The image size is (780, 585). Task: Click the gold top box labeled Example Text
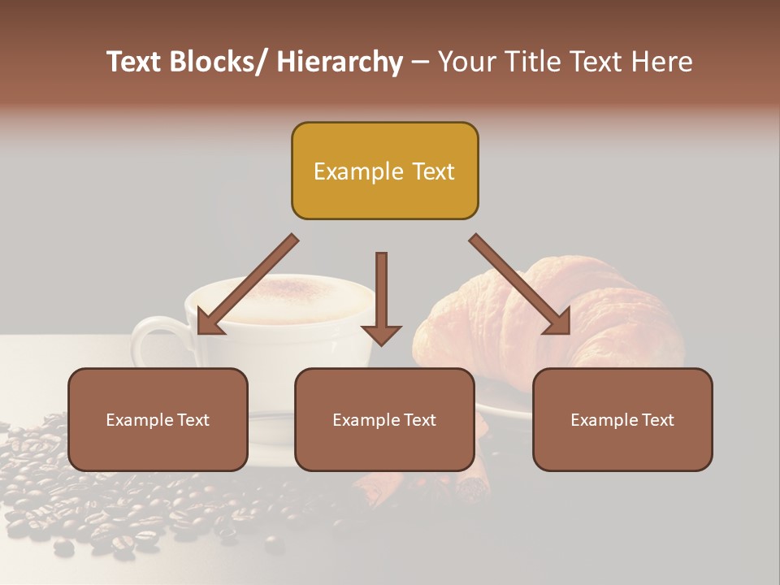tap(384, 171)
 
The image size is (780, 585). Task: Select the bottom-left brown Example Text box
tap(158, 419)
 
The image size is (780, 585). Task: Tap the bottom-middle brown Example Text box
tap(384, 419)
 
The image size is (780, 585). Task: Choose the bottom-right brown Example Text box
tap(622, 419)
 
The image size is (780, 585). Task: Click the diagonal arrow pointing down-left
tap(248, 284)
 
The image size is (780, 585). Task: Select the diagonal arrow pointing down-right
tap(520, 284)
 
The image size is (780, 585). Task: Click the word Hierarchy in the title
tap(340, 63)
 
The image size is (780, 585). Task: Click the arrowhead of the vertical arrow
tap(381, 335)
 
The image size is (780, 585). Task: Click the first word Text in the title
tap(136, 63)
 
